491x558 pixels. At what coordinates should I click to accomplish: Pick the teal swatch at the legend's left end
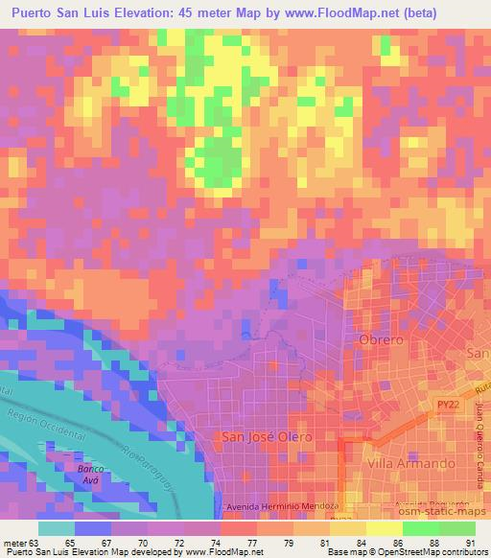tap(57, 527)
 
